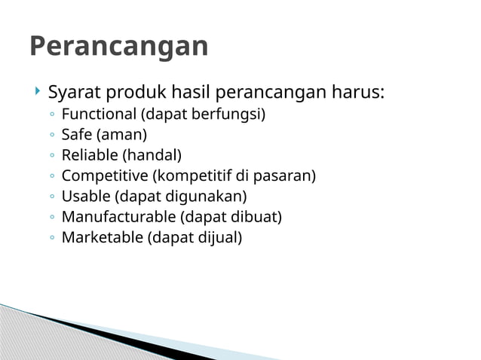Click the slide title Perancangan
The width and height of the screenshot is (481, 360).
pos(118,47)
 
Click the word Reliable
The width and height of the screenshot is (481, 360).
pos(90,156)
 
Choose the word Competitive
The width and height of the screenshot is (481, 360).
pos(104,176)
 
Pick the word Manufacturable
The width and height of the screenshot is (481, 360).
pos(118,218)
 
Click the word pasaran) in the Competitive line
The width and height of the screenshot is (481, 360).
pos(287,176)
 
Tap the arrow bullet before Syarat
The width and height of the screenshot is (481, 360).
pos(36,93)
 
